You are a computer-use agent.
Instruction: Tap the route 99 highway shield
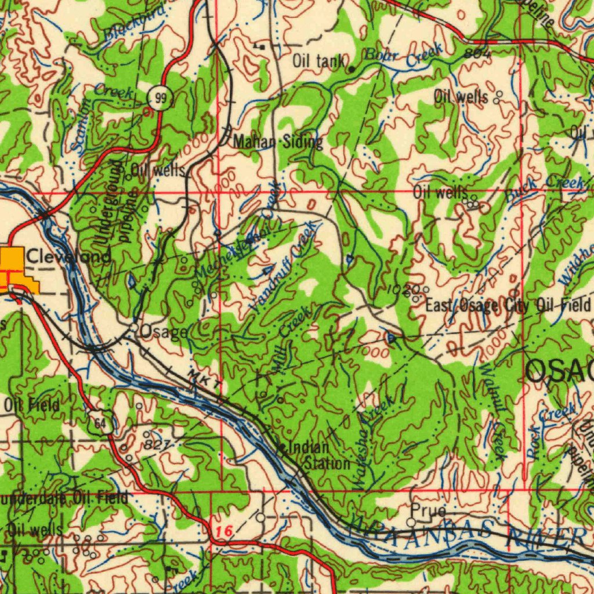tap(161, 99)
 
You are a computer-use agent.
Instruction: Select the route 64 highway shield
tap(101, 423)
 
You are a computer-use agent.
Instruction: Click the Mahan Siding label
tap(278, 142)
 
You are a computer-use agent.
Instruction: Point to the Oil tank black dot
tap(351, 70)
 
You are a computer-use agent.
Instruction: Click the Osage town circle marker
tap(134, 328)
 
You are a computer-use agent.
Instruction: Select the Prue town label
tap(429, 511)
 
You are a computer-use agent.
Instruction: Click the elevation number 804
tap(477, 53)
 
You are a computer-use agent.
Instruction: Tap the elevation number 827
tap(156, 445)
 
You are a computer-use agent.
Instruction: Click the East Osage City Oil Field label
tap(508, 305)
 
